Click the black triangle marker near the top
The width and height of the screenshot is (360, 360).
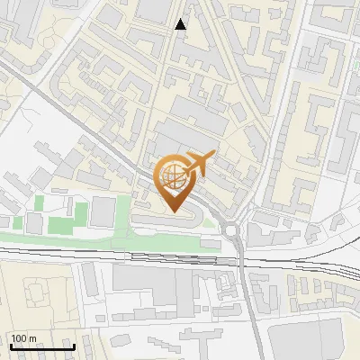click(181, 24)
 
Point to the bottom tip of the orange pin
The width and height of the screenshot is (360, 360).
click(175, 211)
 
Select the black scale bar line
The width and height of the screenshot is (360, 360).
click(41, 346)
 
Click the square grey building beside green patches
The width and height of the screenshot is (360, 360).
click(103, 212)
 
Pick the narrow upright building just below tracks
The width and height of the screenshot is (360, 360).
click(93, 281)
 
